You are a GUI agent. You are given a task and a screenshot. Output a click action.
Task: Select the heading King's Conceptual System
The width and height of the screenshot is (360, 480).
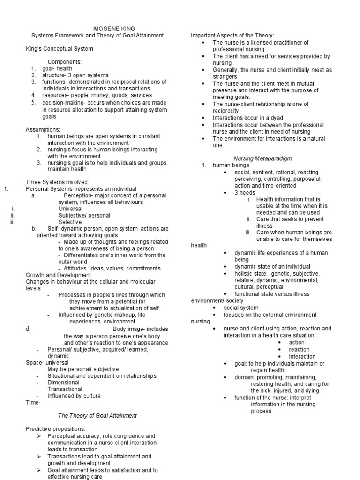pyautogui.click(x=59, y=48)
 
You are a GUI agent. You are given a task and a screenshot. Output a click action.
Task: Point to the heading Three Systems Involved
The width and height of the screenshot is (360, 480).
pyautogui.click(x=57, y=182)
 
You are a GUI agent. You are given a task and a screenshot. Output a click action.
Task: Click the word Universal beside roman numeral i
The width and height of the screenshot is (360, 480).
pyautogui.click(x=70, y=209)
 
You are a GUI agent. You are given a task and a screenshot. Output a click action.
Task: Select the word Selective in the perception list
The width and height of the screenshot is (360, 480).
pyautogui.click(x=70, y=222)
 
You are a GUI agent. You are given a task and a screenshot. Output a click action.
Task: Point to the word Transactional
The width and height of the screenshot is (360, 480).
pyautogui.click(x=65, y=389)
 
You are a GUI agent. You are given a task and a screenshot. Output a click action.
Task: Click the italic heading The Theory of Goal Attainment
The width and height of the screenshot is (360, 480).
pyautogui.click(x=97, y=415)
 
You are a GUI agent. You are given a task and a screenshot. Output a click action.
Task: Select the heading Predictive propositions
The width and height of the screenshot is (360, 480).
pyautogui.click(x=55, y=429)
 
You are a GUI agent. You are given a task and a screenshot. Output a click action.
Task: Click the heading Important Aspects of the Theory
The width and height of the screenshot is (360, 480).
pyautogui.click(x=232, y=36)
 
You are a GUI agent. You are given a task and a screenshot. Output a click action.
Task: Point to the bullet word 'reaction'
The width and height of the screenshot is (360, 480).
pyautogui.click(x=299, y=349)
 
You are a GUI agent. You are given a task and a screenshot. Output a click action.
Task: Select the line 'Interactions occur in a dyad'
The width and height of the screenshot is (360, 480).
pyautogui.click(x=248, y=118)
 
